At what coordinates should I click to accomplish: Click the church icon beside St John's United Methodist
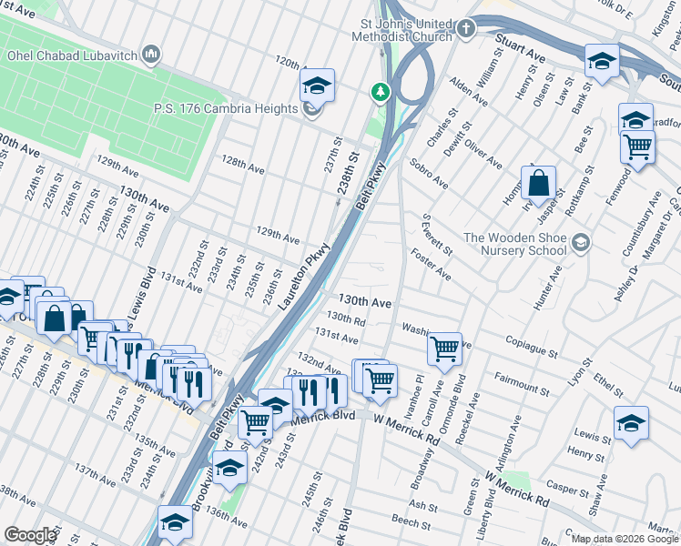[x=466, y=29]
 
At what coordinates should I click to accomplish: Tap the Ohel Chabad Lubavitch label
[x=71, y=56]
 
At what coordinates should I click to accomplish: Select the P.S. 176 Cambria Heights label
[x=225, y=109]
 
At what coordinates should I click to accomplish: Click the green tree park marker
[x=380, y=92]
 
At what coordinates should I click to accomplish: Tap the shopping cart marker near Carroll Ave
[x=444, y=348]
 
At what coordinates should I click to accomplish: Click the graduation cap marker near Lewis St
[x=631, y=423]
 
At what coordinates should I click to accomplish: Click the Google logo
[x=30, y=535]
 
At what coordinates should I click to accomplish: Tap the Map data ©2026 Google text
[x=625, y=539]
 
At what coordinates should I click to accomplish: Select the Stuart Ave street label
[x=520, y=49]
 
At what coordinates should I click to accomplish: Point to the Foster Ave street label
[x=432, y=262]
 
